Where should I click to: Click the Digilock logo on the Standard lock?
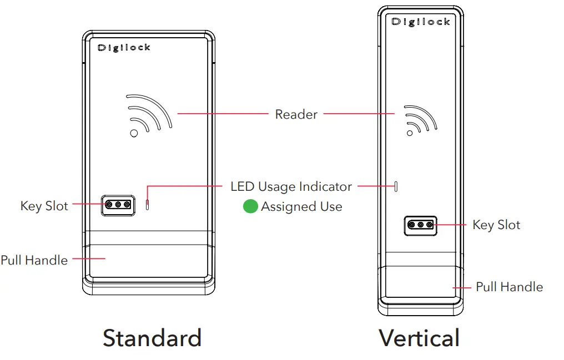point(124,48)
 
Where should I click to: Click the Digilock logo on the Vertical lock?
point(420,22)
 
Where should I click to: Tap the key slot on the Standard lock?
point(118,205)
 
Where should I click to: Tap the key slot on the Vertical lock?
point(420,225)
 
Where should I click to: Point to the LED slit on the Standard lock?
point(147,205)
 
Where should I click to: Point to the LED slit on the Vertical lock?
point(396,186)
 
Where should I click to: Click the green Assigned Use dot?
point(250,207)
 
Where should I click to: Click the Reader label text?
point(296,115)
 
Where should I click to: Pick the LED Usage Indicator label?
point(291,186)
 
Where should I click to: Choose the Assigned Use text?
point(301,207)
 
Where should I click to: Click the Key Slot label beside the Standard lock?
point(44,206)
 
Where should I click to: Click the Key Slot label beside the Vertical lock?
point(496,225)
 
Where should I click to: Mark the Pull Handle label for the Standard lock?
point(34,260)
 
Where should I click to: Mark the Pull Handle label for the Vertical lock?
point(509,287)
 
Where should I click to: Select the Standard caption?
point(152,338)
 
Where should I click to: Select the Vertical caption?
point(419,338)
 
